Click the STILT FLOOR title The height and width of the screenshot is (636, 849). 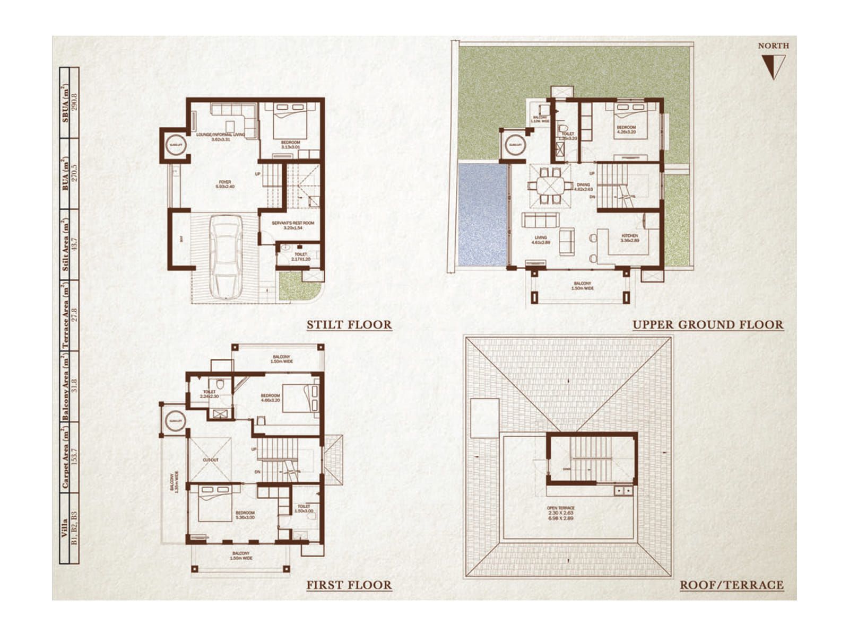pyautogui.click(x=349, y=325)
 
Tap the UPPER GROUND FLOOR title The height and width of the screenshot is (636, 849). pyautogui.click(x=708, y=325)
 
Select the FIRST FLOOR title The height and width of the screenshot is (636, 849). pyautogui.click(x=349, y=585)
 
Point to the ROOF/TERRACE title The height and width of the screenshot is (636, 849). pyautogui.click(x=732, y=585)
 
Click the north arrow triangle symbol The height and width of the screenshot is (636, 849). pyautogui.click(x=773, y=67)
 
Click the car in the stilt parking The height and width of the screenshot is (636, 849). pyautogui.click(x=226, y=256)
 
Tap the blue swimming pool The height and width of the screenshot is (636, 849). pyautogui.click(x=482, y=215)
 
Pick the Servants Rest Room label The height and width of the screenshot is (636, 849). pyautogui.click(x=293, y=225)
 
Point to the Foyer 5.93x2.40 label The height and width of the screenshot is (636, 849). pyautogui.click(x=225, y=184)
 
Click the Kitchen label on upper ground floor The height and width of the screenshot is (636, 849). pyautogui.click(x=630, y=238)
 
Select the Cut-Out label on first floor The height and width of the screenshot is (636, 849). pyautogui.click(x=210, y=460)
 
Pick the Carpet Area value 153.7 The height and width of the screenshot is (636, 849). pyautogui.click(x=74, y=457)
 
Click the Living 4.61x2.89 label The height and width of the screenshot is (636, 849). pyautogui.click(x=541, y=240)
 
